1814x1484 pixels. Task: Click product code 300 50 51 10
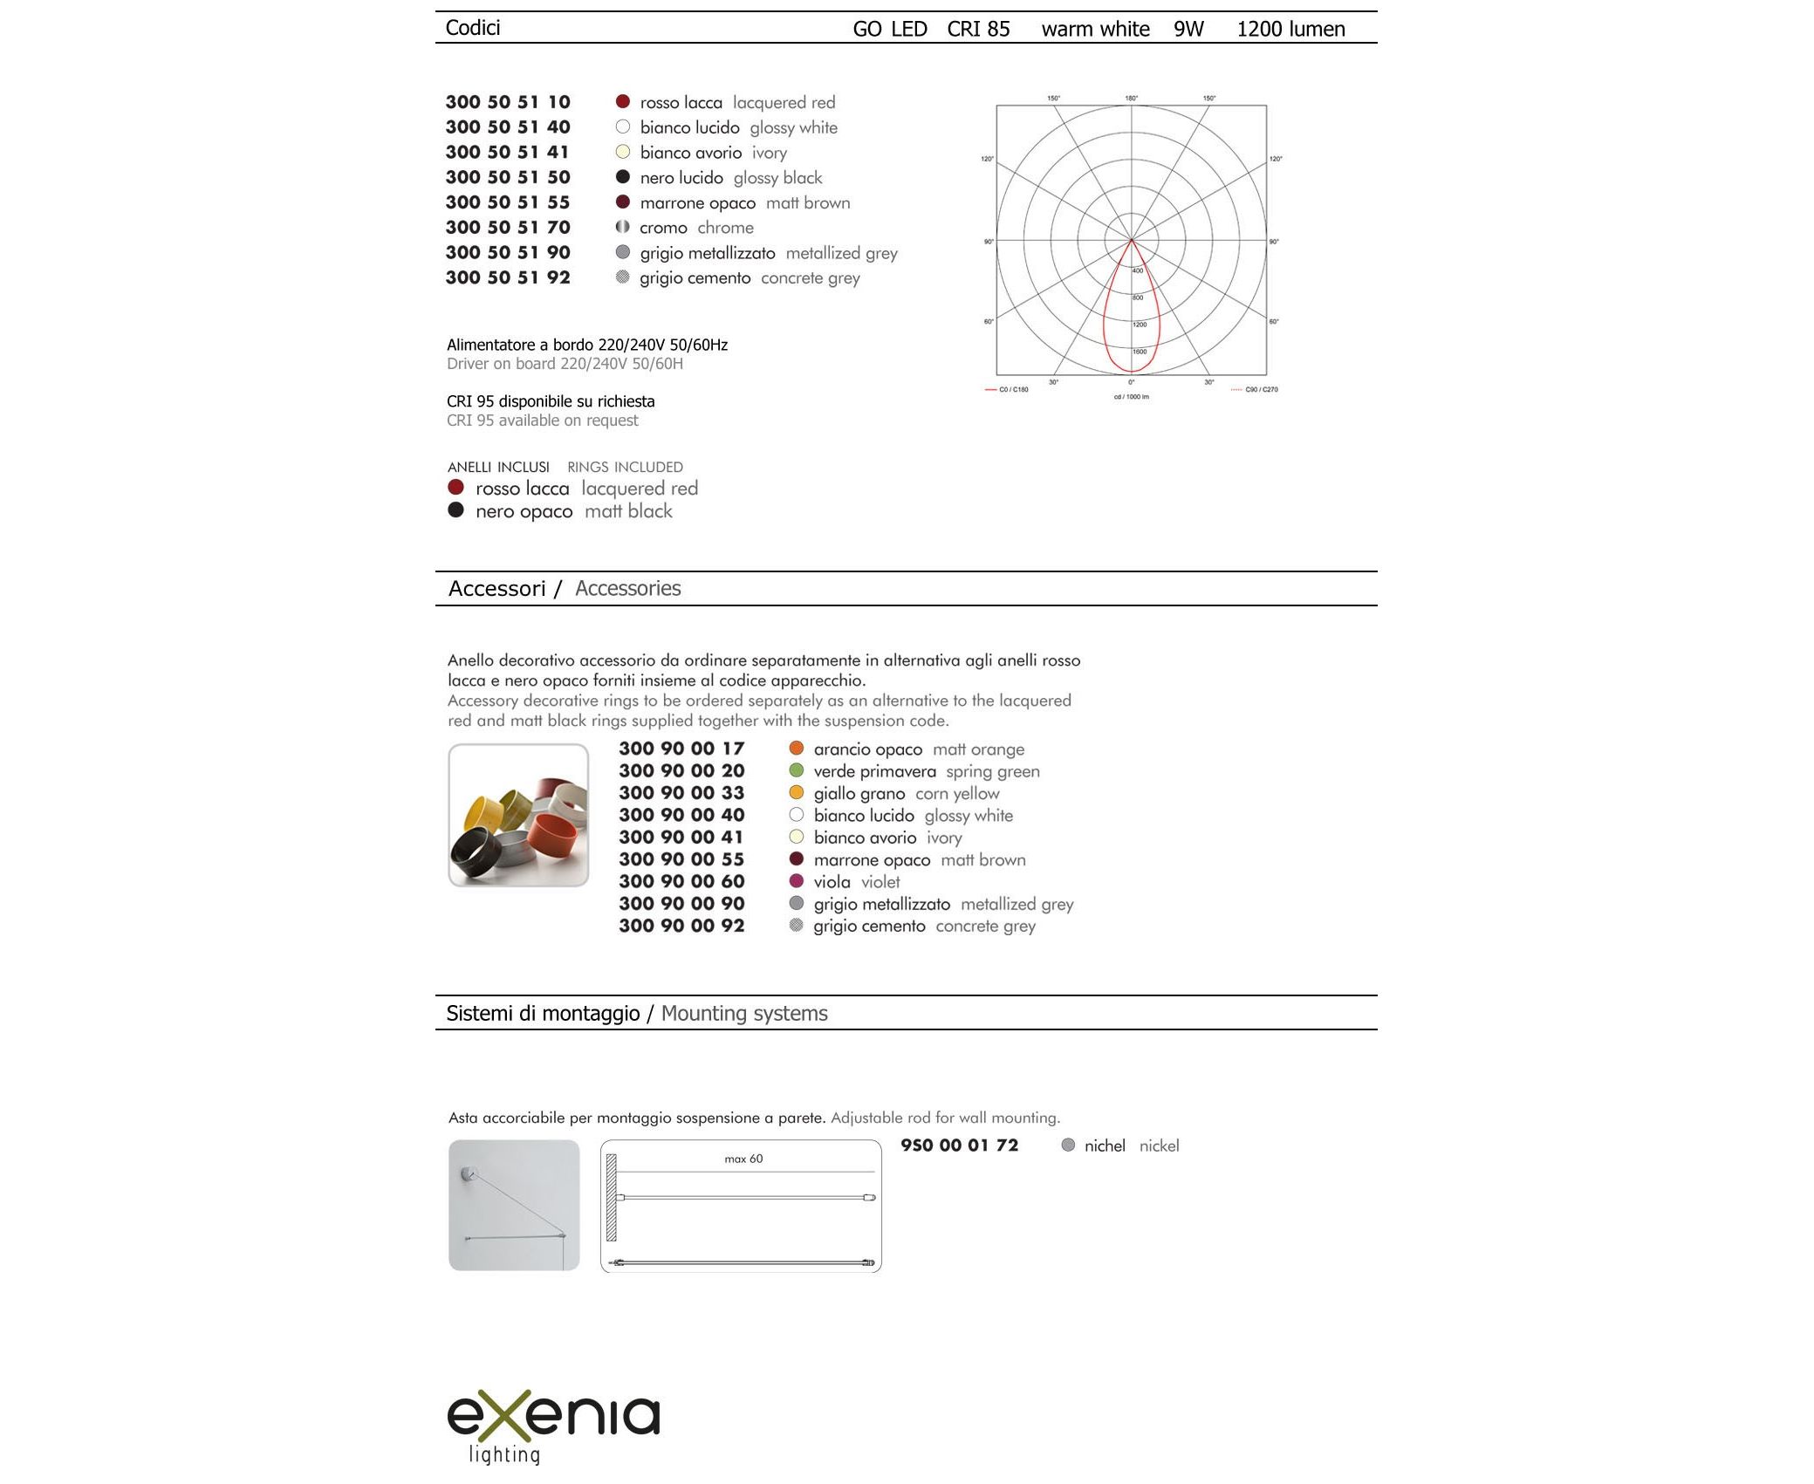point(507,102)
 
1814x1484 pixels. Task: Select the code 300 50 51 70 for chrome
point(507,228)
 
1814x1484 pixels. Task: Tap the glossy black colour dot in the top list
point(623,177)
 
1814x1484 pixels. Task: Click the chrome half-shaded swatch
point(622,227)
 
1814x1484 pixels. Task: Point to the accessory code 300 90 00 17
point(681,749)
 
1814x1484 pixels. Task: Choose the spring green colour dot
point(796,770)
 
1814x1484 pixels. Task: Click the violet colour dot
point(796,881)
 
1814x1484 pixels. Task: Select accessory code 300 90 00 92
point(681,926)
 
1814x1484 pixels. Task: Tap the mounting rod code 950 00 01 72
point(959,1145)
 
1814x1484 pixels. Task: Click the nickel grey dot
point(1068,1145)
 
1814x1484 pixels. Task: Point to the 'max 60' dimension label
point(743,1159)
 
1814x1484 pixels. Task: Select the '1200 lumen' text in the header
point(1290,29)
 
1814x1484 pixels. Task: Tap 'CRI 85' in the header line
point(978,29)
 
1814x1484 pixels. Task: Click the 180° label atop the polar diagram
point(1131,99)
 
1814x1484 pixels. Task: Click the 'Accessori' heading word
point(496,589)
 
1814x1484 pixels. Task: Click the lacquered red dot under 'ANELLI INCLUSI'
point(455,487)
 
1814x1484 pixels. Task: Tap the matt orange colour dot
point(796,748)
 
